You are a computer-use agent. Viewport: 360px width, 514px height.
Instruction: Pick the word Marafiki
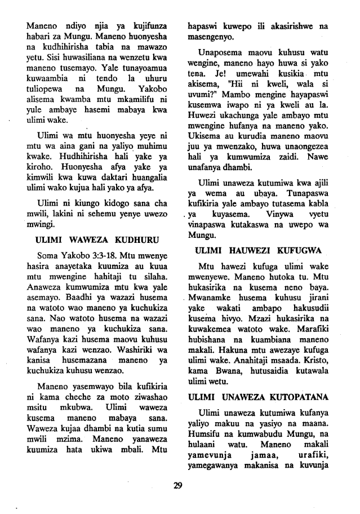323,331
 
